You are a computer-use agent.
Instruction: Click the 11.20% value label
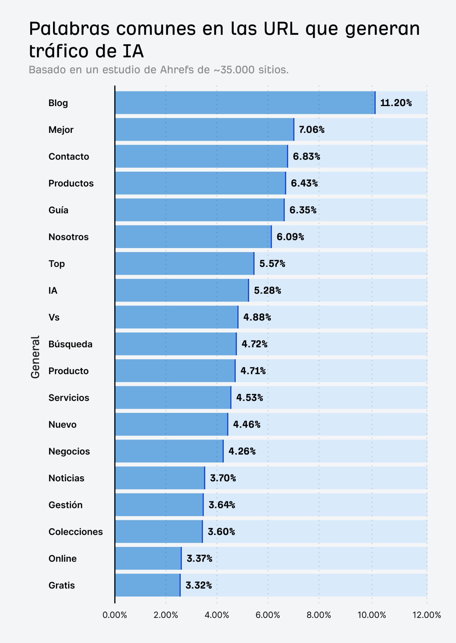(x=396, y=103)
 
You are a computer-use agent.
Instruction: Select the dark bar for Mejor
(x=204, y=129)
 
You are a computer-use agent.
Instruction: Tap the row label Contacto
(x=69, y=156)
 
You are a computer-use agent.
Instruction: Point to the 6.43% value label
(x=304, y=183)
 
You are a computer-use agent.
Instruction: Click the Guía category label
(x=58, y=210)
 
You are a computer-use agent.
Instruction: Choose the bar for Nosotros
(x=193, y=237)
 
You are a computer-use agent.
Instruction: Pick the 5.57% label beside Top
(x=272, y=263)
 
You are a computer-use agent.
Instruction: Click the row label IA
(x=53, y=290)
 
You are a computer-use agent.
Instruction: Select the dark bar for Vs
(x=176, y=317)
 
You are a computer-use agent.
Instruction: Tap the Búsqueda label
(x=70, y=344)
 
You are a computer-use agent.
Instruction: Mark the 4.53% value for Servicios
(x=249, y=397)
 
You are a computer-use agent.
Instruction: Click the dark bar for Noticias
(x=160, y=478)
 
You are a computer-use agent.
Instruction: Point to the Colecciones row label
(x=76, y=532)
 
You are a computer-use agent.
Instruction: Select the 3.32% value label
(x=199, y=585)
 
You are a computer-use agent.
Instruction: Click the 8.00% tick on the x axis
(x=319, y=615)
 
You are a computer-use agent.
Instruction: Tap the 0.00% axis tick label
(x=115, y=615)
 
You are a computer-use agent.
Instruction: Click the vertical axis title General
(x=35, y=357)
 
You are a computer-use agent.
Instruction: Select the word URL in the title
(x=281, y=29)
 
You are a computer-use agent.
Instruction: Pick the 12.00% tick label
(x=426, y=615)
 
